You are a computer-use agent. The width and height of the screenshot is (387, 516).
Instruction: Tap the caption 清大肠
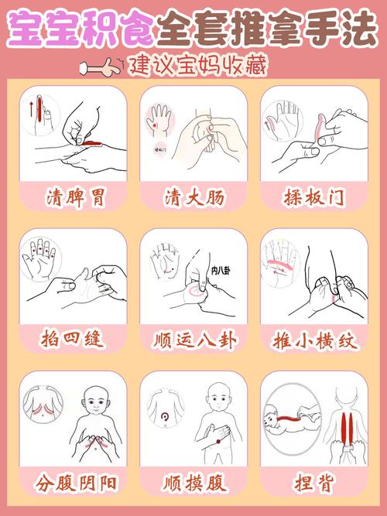coord(193,198)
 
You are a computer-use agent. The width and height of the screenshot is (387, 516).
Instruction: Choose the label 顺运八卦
coord(193,340)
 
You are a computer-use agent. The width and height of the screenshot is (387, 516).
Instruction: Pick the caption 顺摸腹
coord(193,485)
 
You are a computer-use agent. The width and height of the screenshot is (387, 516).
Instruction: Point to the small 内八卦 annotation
coord(219,270)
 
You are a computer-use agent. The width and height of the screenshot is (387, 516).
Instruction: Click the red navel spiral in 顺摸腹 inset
coord(163,418)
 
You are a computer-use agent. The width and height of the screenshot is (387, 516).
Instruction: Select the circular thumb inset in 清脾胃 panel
coord(42,112)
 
